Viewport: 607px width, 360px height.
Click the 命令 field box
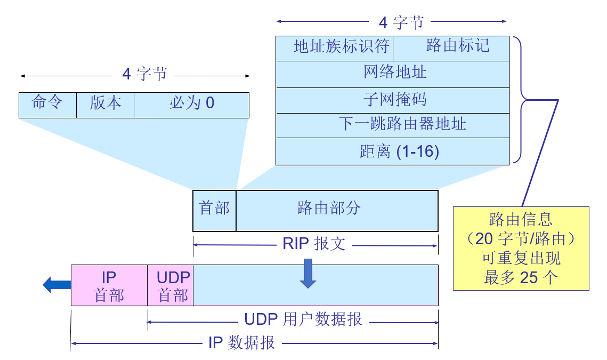[47, 105]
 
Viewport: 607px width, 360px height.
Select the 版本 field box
[105, 105]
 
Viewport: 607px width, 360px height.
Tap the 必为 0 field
[191, 105]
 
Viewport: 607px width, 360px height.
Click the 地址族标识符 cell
[334, 48]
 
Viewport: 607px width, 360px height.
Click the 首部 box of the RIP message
[214, 211]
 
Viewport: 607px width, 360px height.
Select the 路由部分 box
[336, 211]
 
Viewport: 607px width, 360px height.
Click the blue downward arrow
[307, 273]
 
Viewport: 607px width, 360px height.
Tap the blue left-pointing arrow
[55, 285]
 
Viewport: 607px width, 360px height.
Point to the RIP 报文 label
[314, 245]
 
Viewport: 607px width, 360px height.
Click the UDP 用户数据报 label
[303, 320]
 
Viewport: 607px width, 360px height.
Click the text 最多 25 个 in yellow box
[520, 278]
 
